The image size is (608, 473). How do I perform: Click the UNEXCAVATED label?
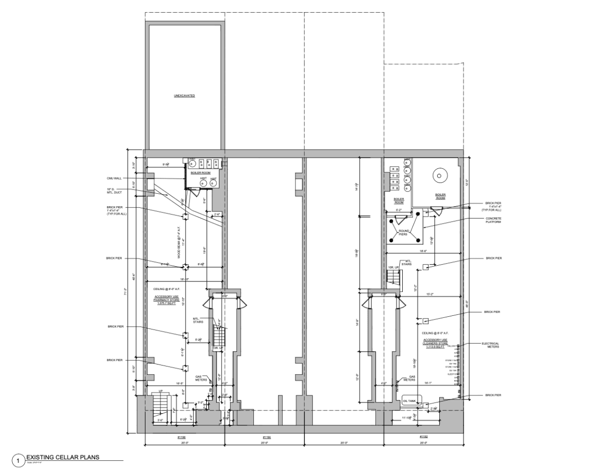(184, 95)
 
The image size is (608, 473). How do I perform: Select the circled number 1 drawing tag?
(19, 460)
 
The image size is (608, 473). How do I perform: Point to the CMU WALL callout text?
(114, 178)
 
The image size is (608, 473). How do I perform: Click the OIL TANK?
(409, 401)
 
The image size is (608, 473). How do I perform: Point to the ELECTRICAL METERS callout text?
(490, 345)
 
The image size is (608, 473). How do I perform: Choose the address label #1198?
(181, 436)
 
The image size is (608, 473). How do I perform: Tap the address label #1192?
(424, 436)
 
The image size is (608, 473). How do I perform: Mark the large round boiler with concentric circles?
(439, 176)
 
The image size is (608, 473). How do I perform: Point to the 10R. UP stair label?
(392, 267)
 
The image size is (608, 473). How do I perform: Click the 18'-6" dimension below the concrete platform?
(424, 251)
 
